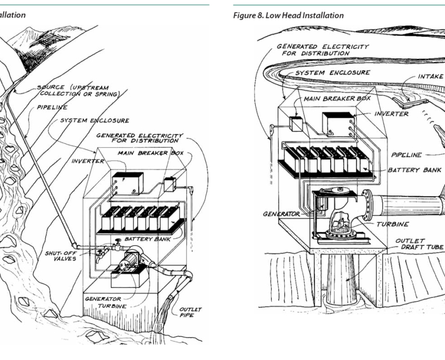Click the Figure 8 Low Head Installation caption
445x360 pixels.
(x=288, y=15)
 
